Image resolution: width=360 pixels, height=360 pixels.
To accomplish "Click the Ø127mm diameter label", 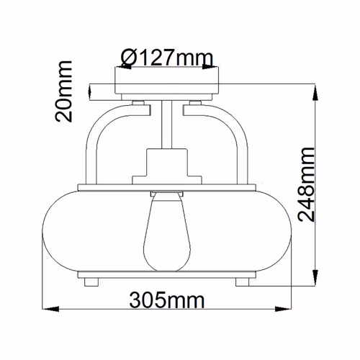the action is click(167, 58).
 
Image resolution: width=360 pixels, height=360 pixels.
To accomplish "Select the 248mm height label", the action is click(306, 184).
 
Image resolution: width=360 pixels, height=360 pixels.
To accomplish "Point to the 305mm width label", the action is click(167, 300).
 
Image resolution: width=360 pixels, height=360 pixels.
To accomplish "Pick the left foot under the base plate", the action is click(91, 282).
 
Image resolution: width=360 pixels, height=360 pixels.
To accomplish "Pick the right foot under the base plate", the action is click(242, 282).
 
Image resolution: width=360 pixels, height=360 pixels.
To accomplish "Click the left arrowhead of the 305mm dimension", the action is click(50, 309).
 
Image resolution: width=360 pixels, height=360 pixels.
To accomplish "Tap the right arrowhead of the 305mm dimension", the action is click(283, 309).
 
